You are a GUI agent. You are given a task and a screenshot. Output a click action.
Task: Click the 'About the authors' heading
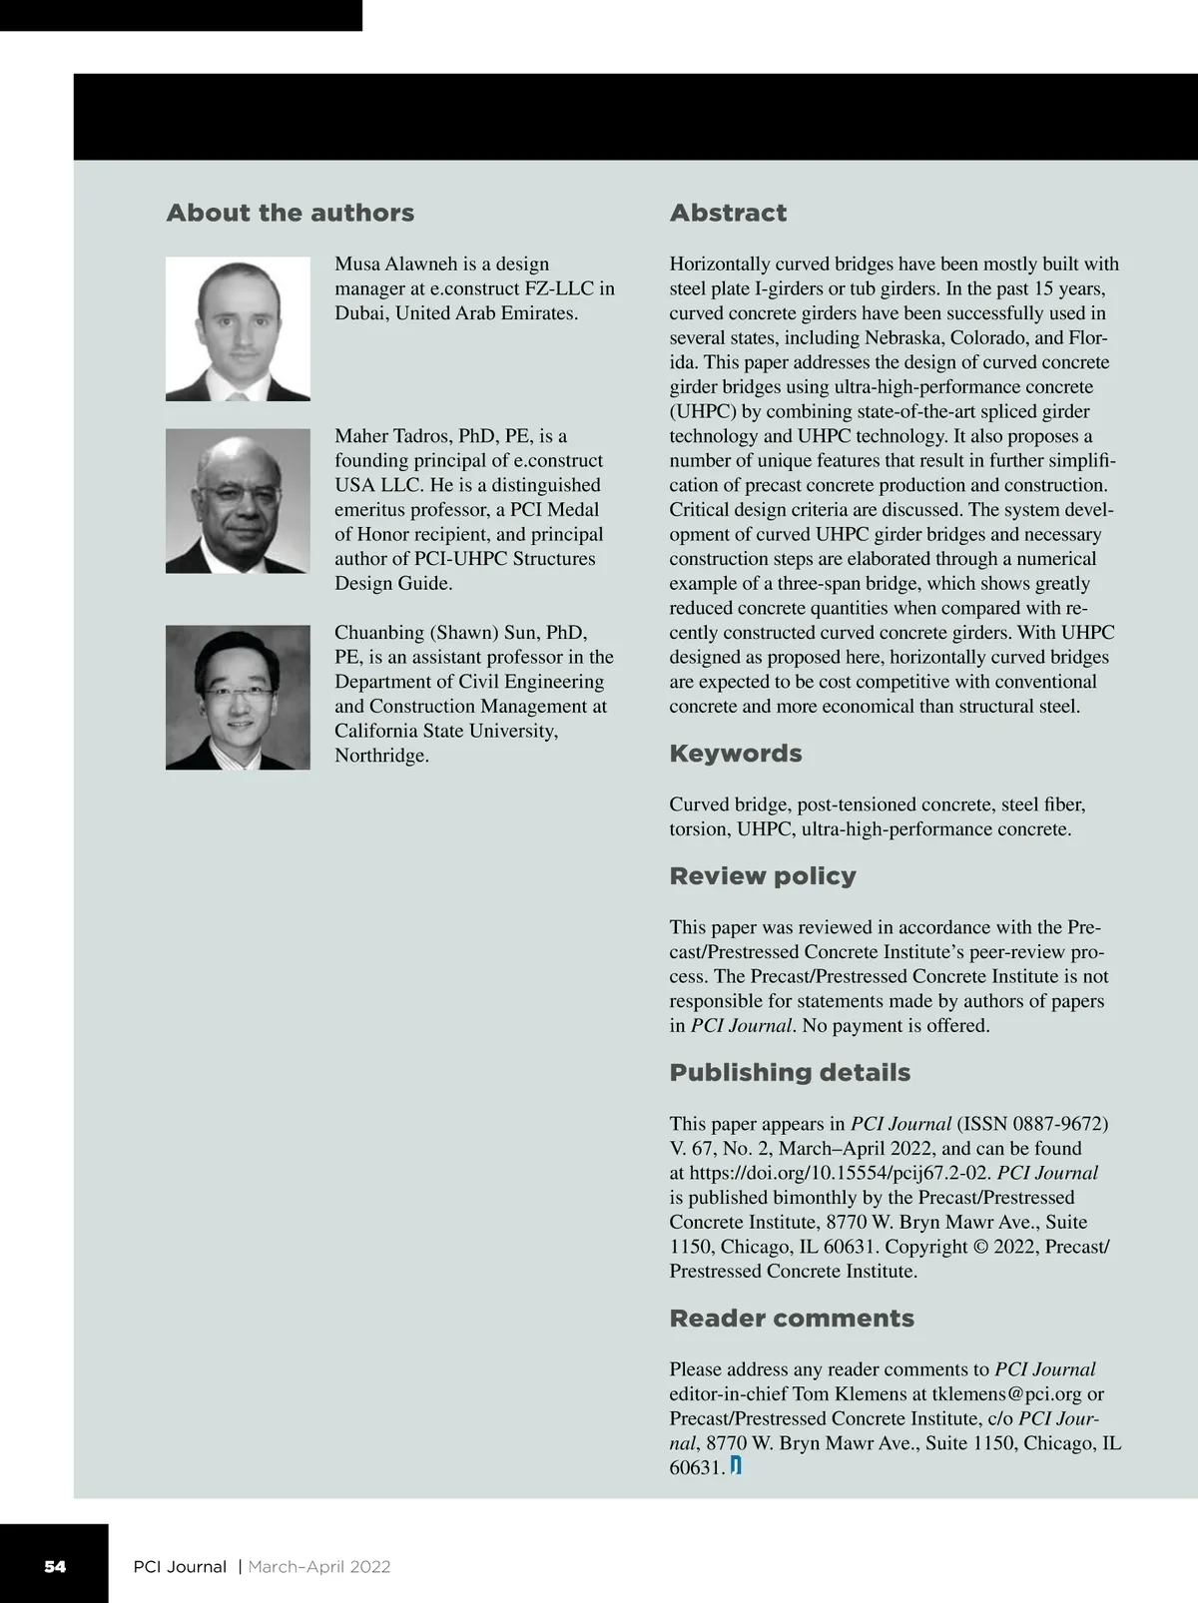(x=290, y=213)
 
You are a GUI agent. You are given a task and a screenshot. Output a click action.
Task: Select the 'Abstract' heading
(x=728, y=213)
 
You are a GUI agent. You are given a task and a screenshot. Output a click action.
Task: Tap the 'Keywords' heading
(x=735, y=754)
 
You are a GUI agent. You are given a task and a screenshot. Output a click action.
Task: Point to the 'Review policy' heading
(x=763, y=876)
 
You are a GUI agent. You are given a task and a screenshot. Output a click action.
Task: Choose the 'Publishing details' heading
(x=790, y=1073)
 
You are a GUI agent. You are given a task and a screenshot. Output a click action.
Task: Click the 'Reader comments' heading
(x=792, y=1319)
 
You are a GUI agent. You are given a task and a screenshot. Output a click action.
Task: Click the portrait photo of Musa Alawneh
(x=238, y=328)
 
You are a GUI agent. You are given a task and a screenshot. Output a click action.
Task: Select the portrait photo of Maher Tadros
(x=238, y=501)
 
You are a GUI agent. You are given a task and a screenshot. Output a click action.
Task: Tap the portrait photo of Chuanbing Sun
(x=238, y=697)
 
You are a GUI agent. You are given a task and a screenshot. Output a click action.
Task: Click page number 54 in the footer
(x=55, y=1566)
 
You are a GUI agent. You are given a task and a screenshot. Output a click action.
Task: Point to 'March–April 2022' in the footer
(x=319, y=1567)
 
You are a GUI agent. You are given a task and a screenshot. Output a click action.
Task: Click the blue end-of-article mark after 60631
(x=736, y=1466)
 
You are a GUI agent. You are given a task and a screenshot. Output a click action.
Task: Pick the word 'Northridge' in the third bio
(x=381, y=756)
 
